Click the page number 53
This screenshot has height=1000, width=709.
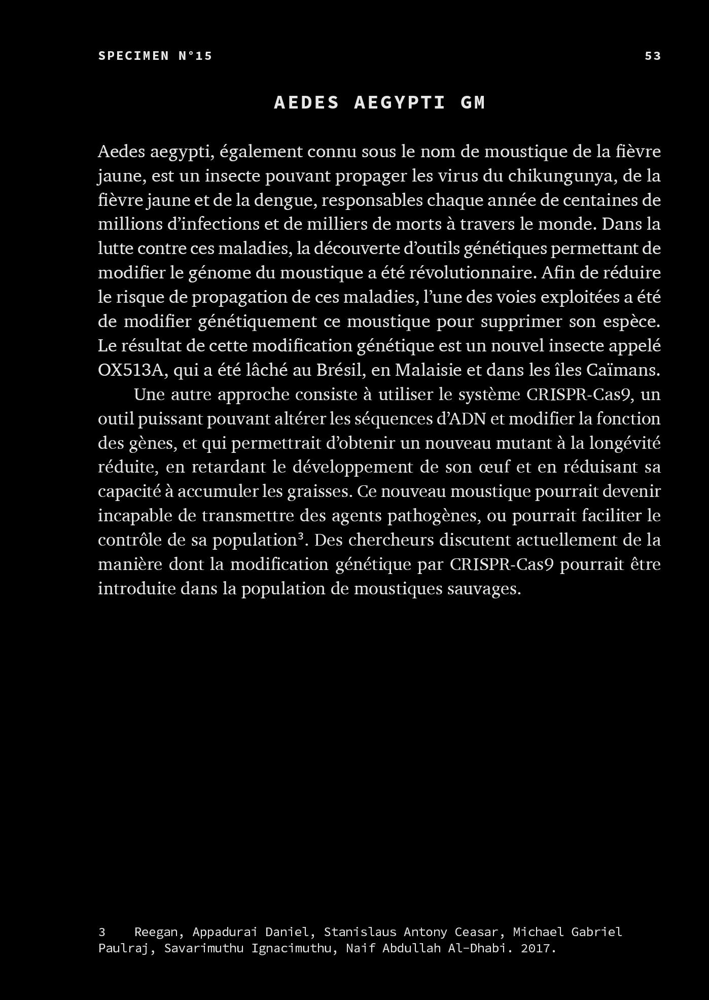[x=653, y=56]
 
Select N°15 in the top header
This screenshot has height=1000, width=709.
[x=195, y=56]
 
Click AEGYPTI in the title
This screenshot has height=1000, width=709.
[x=400, y=102]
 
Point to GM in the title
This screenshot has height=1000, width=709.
[x=473, y=102]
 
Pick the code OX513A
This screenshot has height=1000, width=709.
[x=132, y=370]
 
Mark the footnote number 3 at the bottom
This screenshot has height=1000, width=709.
[x=102, y=932]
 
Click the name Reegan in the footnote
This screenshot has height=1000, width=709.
[x=156, y=932]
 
